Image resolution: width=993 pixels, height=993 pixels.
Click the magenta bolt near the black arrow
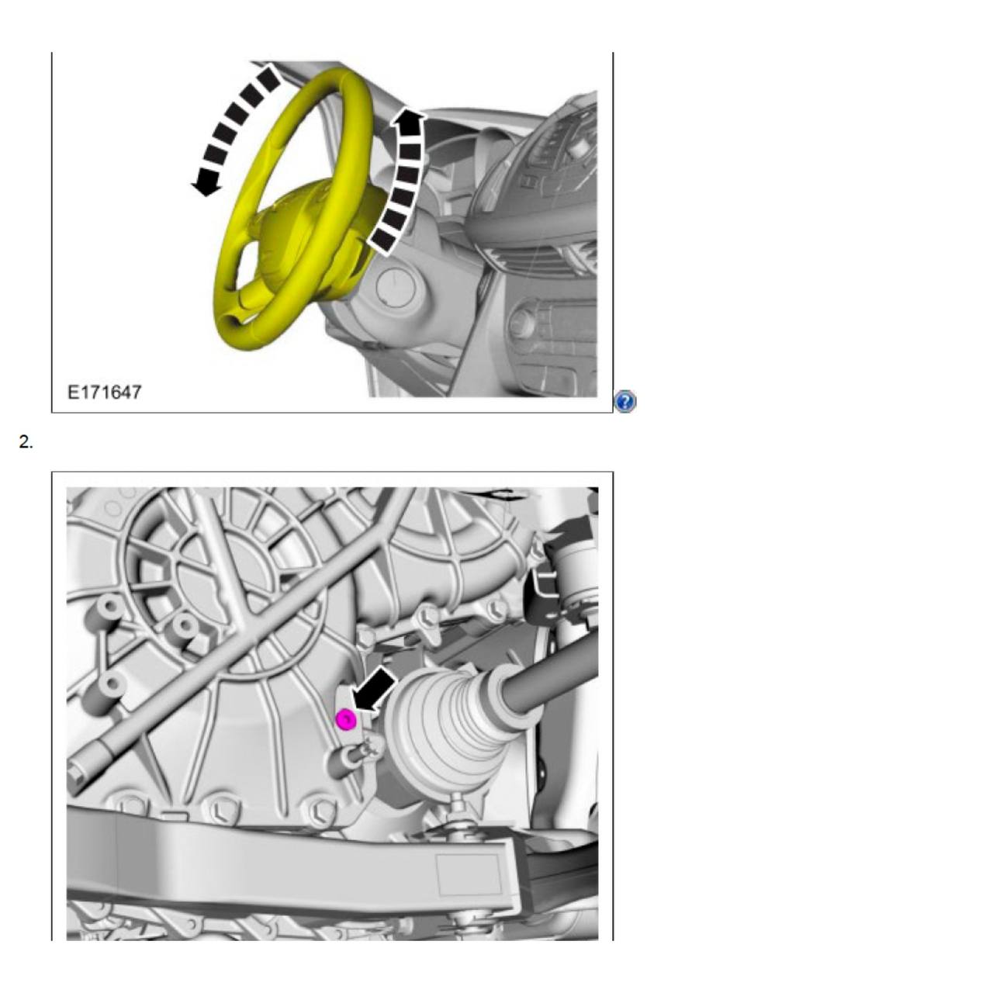[346, 720]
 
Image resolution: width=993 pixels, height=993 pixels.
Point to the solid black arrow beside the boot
[375, 689]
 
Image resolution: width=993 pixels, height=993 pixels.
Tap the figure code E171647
[105, 392]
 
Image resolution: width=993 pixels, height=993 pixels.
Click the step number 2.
[26, 442]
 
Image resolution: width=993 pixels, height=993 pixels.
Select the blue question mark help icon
[625, 402]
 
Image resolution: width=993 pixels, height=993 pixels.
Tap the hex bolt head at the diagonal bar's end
[77, 772]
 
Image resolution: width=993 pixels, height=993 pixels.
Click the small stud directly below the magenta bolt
[365, 749]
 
